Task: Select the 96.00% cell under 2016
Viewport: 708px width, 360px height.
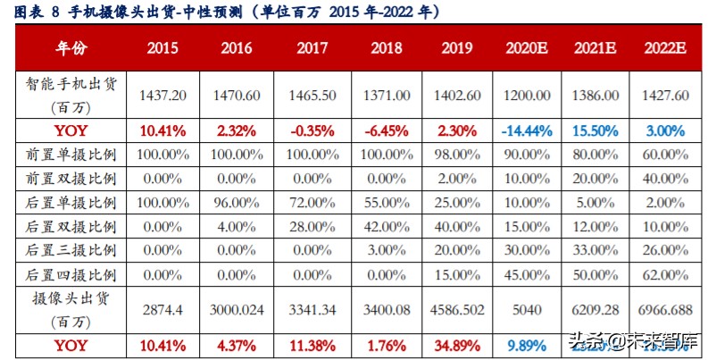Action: (236, 203)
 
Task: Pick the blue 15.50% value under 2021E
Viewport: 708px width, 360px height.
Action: (595, 130)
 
